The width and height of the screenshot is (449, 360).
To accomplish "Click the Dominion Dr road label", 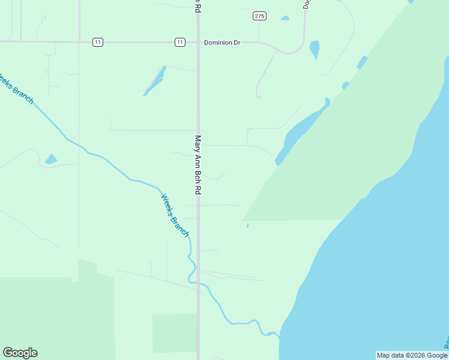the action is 222,43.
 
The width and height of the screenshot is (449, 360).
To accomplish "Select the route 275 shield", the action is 259,16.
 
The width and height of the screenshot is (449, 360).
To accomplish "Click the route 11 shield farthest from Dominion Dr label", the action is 98,42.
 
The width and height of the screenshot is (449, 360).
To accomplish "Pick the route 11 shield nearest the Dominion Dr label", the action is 180,42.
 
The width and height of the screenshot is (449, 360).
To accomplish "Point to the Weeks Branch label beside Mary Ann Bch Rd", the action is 175,214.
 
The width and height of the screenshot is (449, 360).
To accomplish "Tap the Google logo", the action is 20,353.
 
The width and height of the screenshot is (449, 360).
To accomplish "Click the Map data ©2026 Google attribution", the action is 412,355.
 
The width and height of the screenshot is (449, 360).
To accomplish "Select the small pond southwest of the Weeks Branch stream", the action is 51,159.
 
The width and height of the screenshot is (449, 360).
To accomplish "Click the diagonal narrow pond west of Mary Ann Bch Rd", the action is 155,80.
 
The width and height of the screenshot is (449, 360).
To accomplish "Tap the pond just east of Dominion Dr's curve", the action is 315,49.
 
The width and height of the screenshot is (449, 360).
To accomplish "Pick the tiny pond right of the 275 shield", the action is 285,18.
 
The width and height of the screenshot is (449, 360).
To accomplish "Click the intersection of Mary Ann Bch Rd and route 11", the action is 198,42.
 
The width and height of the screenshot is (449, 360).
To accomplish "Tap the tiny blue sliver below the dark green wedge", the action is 247,226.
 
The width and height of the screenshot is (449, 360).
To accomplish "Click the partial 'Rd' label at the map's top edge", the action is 197,5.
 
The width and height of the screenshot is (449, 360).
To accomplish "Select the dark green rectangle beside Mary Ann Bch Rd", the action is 174,333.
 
